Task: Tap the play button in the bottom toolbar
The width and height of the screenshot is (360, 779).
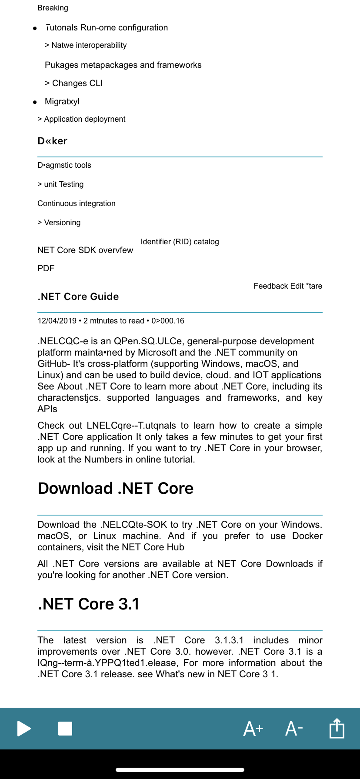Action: tap(24, 728)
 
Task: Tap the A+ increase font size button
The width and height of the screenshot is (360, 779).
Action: tap(253, 728)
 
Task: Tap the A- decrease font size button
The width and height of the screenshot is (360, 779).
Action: tap(294, 728)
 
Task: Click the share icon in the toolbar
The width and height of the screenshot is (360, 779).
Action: tap(337, 728)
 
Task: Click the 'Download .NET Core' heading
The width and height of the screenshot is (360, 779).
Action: tap(116, 488)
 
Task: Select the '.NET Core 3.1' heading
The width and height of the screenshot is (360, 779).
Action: tap(89, 604)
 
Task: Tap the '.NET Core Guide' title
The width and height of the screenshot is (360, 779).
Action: tap(78, 296)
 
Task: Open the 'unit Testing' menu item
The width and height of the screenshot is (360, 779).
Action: tap(63, 184)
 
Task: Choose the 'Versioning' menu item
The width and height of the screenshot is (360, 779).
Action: tap(62, 223)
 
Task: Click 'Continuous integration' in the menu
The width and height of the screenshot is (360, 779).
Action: tap(77, 203)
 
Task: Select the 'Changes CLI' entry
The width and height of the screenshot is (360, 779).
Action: tap(77, 83)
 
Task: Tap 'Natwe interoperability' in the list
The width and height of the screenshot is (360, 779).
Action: tap(89, 45)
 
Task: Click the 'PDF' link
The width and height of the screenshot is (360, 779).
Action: tap(46, 268)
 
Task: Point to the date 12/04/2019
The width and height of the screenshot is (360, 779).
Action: tap(57, 321)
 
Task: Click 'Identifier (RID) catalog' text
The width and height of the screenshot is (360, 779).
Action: tap(180, 242)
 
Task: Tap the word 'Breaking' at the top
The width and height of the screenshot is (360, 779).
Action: tap(53, 8)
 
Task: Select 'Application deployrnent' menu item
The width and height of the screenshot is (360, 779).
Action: tap(84, 119)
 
